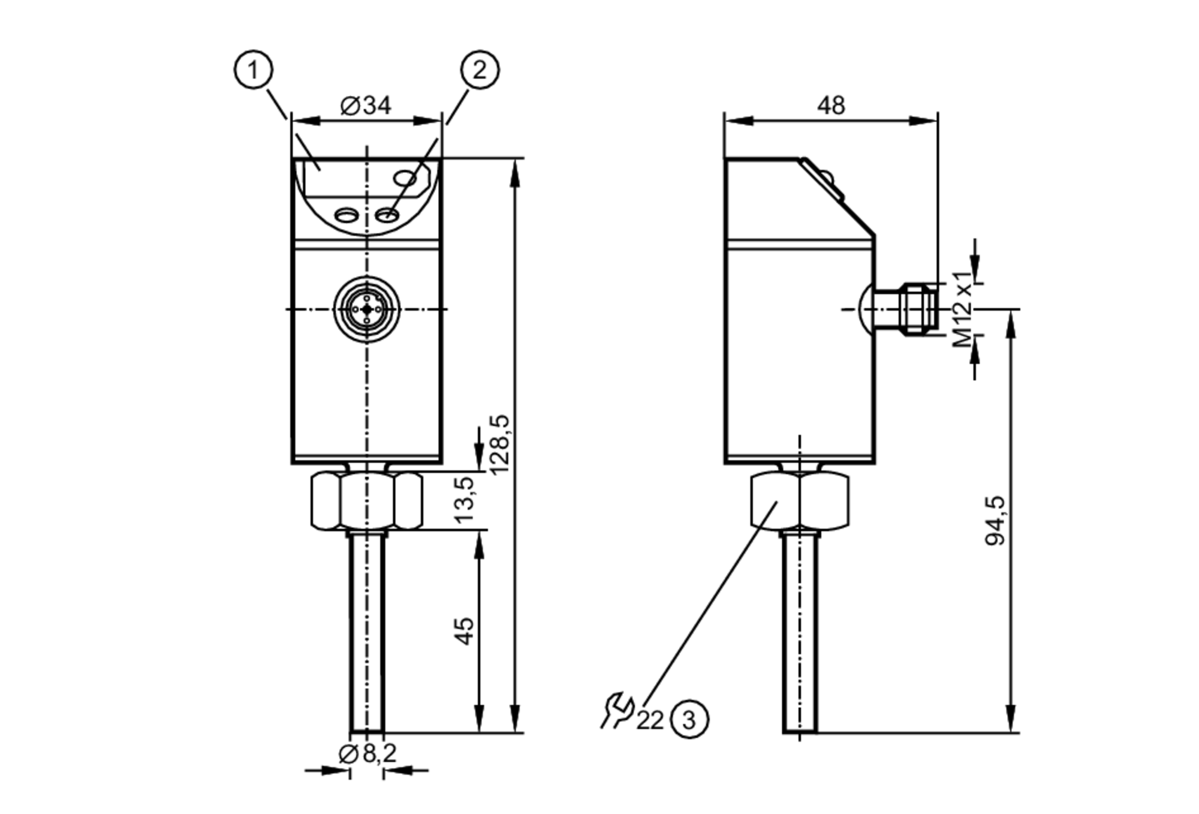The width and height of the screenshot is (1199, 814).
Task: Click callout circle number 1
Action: coord(253,70)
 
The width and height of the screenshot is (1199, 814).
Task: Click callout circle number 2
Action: coord(480,70)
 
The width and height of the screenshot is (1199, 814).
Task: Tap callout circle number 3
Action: coord(689,719)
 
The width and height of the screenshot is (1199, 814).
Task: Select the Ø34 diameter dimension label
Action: coord(366,106)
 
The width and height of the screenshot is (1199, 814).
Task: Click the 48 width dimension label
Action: coord(831,106)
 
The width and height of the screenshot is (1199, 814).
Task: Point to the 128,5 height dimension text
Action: coord(499,444)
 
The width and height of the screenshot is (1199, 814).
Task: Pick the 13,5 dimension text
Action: coord(465,500)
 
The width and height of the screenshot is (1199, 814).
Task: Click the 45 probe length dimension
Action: coord(465,631)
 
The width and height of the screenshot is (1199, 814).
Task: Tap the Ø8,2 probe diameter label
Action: coord(367,753)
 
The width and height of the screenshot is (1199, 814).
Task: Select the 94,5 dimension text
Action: coord(996,520)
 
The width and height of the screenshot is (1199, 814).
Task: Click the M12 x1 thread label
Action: coord(963,308)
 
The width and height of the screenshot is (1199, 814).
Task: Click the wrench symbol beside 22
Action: coord(617,711)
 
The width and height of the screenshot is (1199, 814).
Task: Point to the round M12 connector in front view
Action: coord(367,309)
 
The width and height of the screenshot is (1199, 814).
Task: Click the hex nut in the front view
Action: coord(367,501)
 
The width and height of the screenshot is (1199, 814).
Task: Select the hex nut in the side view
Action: coord(800,501)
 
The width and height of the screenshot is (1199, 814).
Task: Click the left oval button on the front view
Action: coord(346,215)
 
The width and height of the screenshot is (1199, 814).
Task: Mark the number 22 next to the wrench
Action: coord(650,720)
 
